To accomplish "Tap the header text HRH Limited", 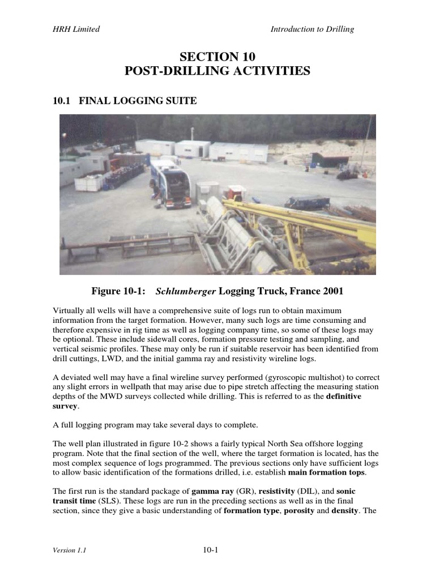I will [x=72, y=29].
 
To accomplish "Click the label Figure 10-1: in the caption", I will [x=118, y=291].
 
